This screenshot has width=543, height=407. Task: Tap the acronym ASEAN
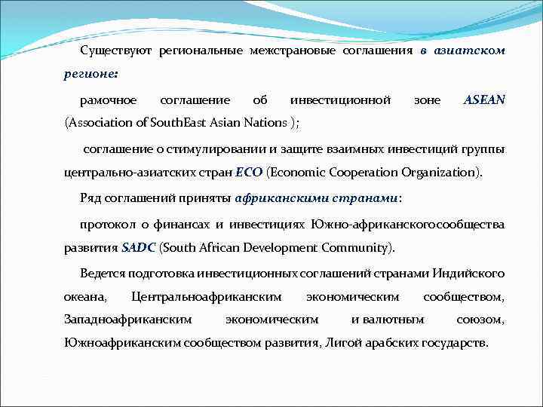(x=484, y=99)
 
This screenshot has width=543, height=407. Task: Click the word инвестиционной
(x=340, y=99)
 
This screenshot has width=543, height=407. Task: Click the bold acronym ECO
(x=249, y=172)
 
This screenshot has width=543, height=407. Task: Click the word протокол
(x=103, y=224)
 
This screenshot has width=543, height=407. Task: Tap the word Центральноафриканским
(x=206, y=296)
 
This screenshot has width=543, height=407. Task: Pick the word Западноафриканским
(x=127, y=320)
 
